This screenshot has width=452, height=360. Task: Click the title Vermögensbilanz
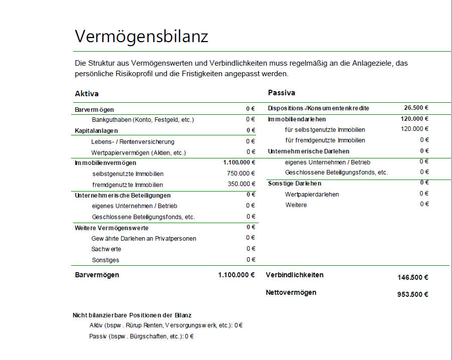(141, 37)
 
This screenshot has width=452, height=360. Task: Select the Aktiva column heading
(87, 94)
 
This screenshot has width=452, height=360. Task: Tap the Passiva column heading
(282, 93)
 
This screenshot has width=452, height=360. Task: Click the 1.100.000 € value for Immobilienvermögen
(239, 162)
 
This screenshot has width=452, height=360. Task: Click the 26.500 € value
(416, 108)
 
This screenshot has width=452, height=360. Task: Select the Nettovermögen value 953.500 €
(412, 294)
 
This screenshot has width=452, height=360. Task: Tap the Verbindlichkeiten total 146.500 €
(412, 277)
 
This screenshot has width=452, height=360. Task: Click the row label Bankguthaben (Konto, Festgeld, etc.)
(143, 120)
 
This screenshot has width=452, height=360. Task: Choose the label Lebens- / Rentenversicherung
(133, 142)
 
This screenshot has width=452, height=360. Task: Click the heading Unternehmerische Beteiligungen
(123, 195)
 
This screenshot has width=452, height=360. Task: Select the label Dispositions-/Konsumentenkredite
(319, 108)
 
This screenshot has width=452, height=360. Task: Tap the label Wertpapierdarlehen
(312, 194)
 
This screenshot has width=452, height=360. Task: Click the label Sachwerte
(106, 249)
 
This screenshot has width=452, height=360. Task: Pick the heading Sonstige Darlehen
(295, 184)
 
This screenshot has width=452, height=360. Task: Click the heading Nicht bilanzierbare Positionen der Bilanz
(132, 315)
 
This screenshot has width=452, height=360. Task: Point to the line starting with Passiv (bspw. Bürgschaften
(141, 336)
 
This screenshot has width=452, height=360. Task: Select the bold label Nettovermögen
(291, 292)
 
